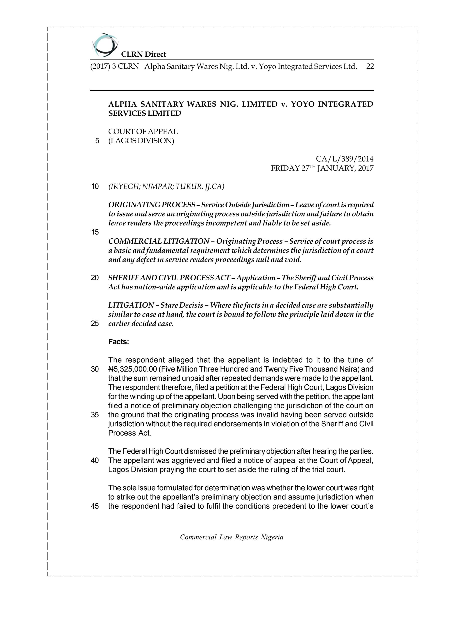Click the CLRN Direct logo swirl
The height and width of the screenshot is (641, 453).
coord(105,45)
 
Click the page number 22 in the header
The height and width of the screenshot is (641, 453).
coord(370,67)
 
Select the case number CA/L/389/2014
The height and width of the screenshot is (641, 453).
coord(344,159)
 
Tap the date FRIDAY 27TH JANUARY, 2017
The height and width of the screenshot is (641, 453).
coord(322,168)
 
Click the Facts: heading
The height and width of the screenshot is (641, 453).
coord(119,342)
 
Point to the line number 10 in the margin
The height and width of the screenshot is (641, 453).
coord(95,187)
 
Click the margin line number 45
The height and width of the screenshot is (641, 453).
coord(95,506)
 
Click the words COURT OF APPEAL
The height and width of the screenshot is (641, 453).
coord(143,131)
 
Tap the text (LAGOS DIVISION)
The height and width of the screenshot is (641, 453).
coord(141,141)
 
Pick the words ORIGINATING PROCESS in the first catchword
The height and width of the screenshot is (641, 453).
coord(152,205)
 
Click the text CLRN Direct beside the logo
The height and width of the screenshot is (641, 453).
coord(143,54)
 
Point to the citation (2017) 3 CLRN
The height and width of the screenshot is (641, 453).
coord(114,67)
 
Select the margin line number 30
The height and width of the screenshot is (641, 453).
coord(95,369)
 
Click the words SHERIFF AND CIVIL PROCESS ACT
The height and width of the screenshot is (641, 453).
coord(169,278)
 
